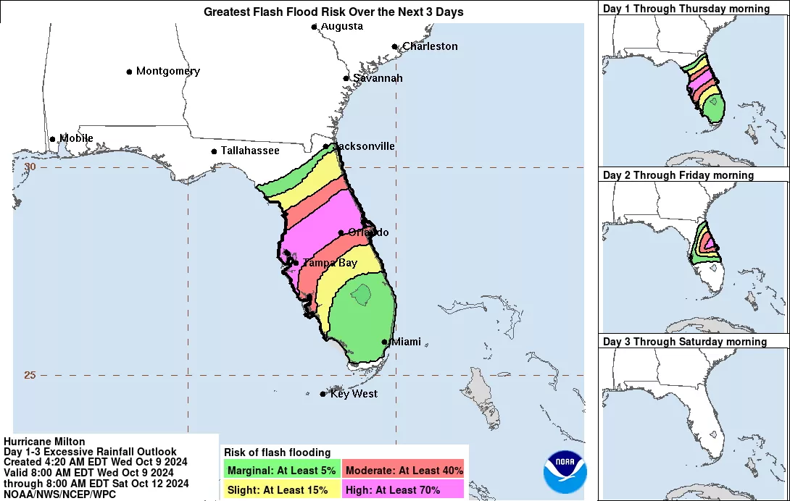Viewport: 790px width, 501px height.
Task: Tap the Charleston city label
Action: pyautogui.click(x=430, y=46)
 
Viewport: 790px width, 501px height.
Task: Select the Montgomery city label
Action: pyautogui.click(x=168, y=72)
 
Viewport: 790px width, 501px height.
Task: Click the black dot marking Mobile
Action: pyautogui.click(x=52, y=139)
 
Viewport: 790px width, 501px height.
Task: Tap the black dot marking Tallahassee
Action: pyautogui.click(x=214, y=151)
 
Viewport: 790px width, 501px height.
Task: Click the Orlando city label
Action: pyautogui.click(x=368, y=232)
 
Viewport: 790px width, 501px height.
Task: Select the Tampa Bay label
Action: pyautogui.click(x=330, y=263)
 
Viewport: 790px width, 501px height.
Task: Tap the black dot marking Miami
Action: pyautogui.click(x=385, y=342)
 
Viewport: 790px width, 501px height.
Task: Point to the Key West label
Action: pyautogui.click(x=354, y=394)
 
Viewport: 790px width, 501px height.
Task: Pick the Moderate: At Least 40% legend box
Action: pyautogui.click(x=404, y=470)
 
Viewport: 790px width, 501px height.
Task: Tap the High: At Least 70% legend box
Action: pyautogui.click(x=404, y=489)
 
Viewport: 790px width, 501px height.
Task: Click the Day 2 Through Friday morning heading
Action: pyautogui.click(x=678, y=175)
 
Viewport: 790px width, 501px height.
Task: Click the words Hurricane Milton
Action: pyautogui.click(x=44, y=442)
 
